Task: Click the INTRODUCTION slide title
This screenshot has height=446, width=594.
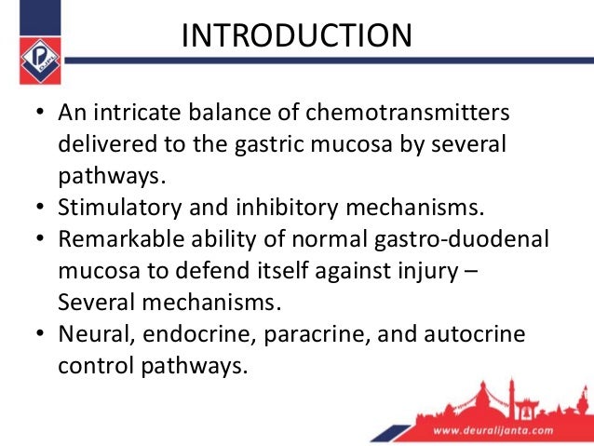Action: (x=296, y=36)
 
